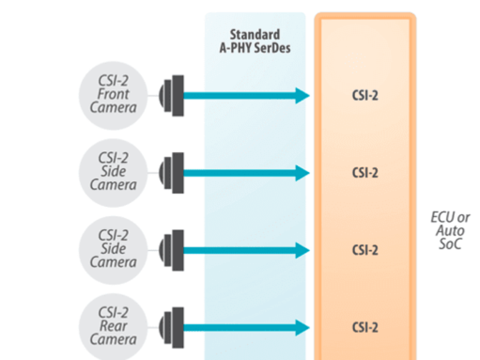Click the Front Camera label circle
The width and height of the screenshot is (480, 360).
pos(113,95)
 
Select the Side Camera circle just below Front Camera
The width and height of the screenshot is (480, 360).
pos(113,172)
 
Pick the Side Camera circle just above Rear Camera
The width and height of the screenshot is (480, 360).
pos(113,249)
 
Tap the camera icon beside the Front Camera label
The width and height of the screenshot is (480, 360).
pos(172,95)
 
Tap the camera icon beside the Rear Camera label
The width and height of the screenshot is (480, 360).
pos(172,327)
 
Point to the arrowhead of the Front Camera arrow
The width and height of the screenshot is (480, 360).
pos(302,95)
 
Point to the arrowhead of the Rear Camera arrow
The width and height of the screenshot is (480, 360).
pos(302,327)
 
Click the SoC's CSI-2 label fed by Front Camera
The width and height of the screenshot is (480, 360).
pos(365,95)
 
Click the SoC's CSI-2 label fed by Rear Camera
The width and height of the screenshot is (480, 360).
pos(365,328)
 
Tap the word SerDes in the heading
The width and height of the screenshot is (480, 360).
pos(273,48)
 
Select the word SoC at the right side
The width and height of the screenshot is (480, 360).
pos(450,244)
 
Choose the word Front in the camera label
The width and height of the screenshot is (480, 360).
pos(113,95)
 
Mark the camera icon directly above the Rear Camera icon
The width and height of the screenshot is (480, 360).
pos(172,249)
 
